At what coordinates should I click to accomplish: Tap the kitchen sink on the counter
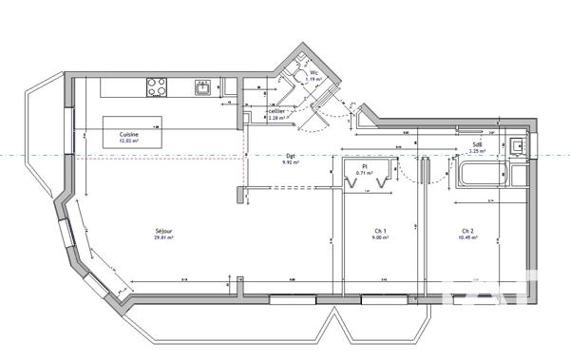click(x=203, y=87)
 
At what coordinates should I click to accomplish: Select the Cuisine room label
click(x=129, y=135)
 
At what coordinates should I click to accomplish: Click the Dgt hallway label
click(x=291, y=157)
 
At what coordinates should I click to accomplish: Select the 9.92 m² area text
click(x=291, y=163)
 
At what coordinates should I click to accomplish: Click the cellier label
click(x=276, y=111)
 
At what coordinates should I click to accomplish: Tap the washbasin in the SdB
click(x=516, y=145)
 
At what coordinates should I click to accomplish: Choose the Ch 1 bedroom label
click(x=379, y=231)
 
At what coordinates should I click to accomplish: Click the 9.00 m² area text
click(x=379, y=238)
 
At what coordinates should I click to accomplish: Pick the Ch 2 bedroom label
click(x=467, y=231)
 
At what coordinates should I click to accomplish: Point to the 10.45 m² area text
click(x=467, y=238)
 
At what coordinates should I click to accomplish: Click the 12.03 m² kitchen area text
click(x=129, y=142)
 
